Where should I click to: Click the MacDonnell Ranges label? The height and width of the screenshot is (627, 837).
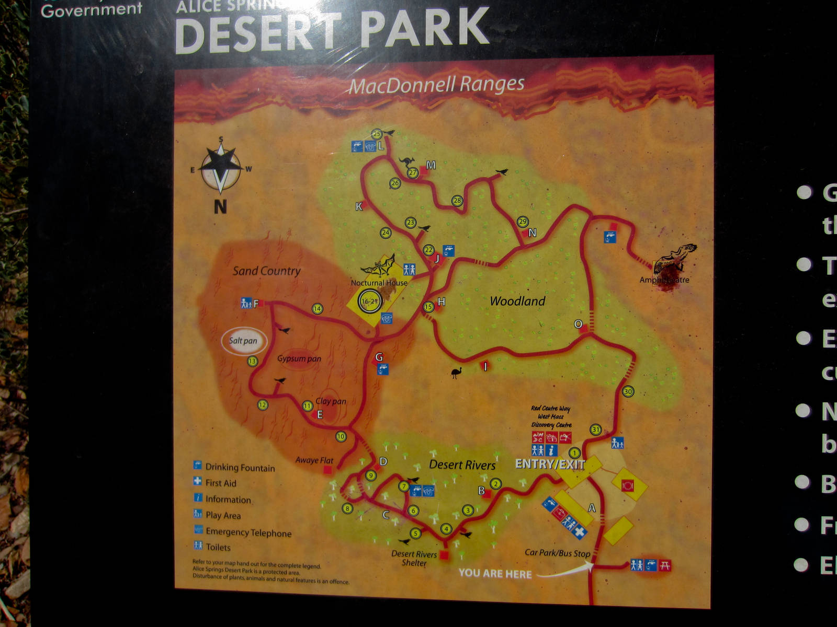pos(436,85)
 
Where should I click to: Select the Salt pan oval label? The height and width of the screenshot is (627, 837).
pos(244,341)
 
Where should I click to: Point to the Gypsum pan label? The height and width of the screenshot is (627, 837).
pos(299,359)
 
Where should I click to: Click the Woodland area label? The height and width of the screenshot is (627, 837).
pos(517,301)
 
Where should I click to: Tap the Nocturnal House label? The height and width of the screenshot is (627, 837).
pos(379,283)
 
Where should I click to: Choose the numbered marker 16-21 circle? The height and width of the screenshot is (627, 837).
pos(369,301)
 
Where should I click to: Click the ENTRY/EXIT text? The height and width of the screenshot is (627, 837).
pos(550,464)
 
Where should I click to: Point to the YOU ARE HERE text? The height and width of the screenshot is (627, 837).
pos(495,574)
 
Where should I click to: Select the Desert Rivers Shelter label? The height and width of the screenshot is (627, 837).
pos(414,558)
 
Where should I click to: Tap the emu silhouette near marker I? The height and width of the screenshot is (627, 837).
pos(456,372)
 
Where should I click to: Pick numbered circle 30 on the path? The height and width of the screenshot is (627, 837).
pos(628,391)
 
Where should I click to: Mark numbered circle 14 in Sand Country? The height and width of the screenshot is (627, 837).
pos(317,309)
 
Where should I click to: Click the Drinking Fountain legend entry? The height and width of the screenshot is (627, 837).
pos(240,468)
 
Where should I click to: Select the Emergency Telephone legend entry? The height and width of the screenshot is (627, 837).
pos(248,532)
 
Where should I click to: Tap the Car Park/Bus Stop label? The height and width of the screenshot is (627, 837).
pos(557,553)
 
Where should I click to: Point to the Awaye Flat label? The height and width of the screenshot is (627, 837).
pos(314,460)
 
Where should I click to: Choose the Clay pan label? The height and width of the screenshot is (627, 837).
pos(331,401)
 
